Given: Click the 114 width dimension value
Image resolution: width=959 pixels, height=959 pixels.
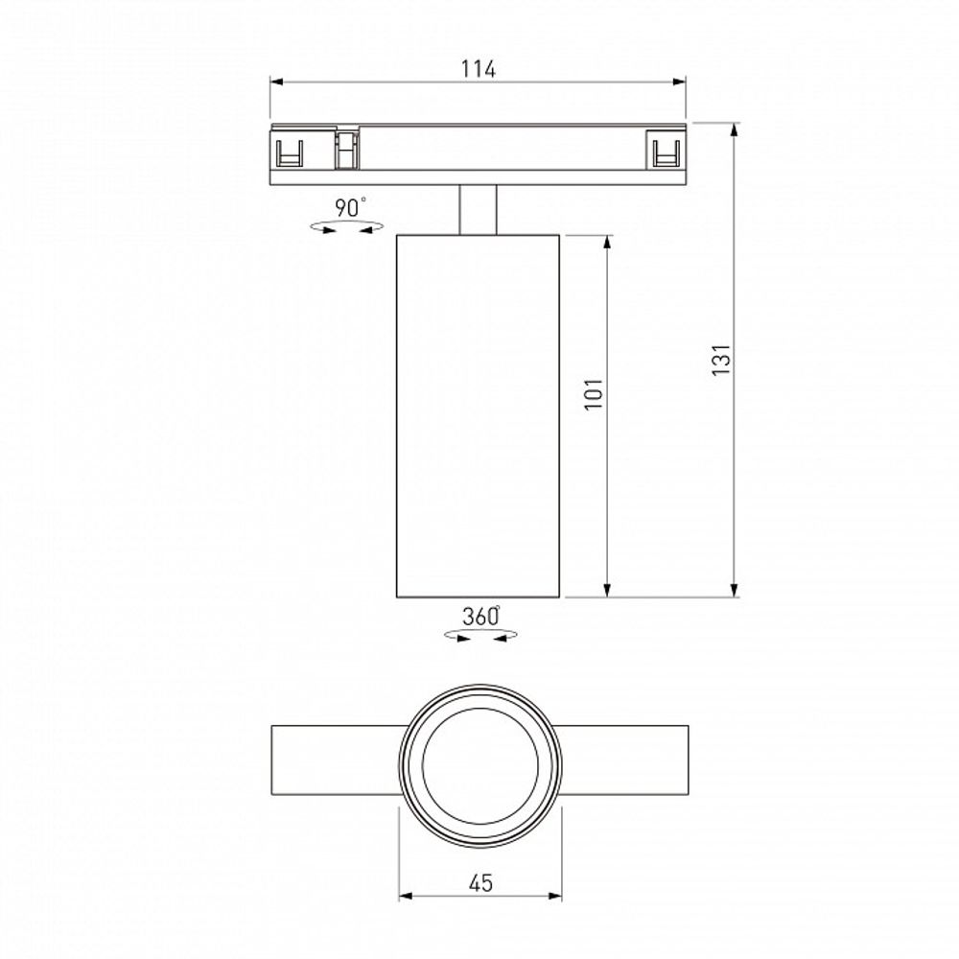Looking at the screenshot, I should point(478,69).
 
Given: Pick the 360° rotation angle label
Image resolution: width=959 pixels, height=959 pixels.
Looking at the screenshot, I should point(480,617).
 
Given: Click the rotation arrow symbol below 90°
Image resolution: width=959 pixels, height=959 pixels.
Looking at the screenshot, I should point(347,227).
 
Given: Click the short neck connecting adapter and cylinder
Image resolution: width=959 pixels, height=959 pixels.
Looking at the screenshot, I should point(478,209).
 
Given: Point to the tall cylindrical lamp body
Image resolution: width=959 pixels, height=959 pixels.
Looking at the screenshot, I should point(478,414).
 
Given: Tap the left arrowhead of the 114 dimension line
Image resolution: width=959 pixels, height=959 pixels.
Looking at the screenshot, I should point(277,82).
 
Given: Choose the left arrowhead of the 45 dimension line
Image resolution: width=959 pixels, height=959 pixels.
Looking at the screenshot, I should point(406,897).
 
